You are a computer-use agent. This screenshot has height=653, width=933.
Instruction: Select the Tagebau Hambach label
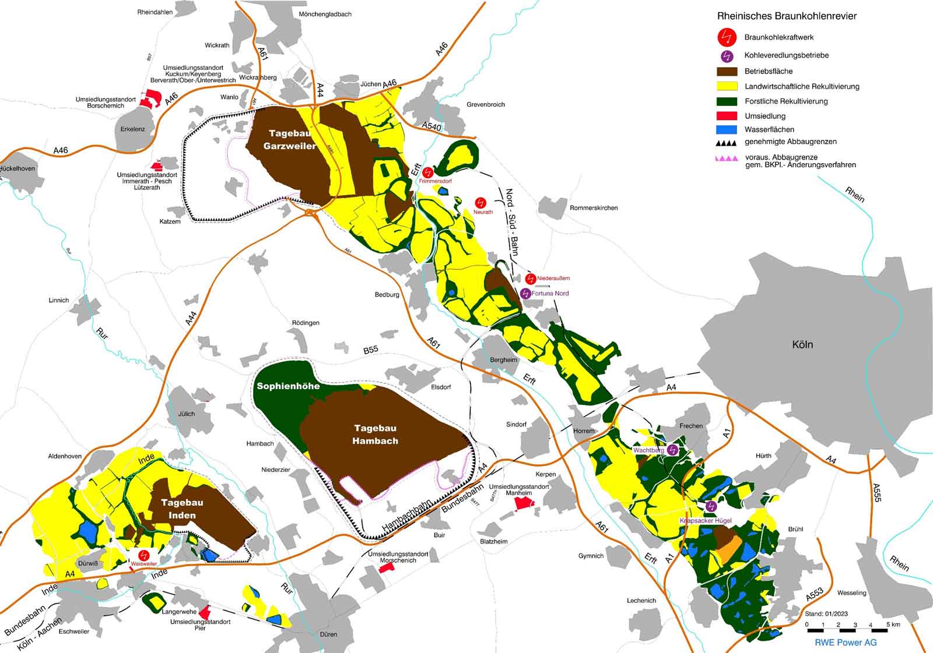pos(375,435)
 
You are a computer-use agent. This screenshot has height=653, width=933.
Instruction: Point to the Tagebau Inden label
pos(182,509)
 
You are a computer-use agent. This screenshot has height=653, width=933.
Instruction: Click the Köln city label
pos(802,344)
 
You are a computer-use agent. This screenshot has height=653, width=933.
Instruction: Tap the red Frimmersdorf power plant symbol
pos(429,172)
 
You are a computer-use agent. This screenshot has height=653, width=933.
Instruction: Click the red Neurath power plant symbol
pos(480,203)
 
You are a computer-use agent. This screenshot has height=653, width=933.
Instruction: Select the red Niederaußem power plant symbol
pos(531,278)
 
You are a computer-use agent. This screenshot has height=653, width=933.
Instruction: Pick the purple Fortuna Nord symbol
pos(525,293)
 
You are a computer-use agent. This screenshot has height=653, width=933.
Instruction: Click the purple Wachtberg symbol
pos(672,450)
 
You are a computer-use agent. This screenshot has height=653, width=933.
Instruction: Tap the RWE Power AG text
pos(846,643)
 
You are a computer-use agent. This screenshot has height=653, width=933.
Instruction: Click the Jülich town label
pos(187,414)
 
